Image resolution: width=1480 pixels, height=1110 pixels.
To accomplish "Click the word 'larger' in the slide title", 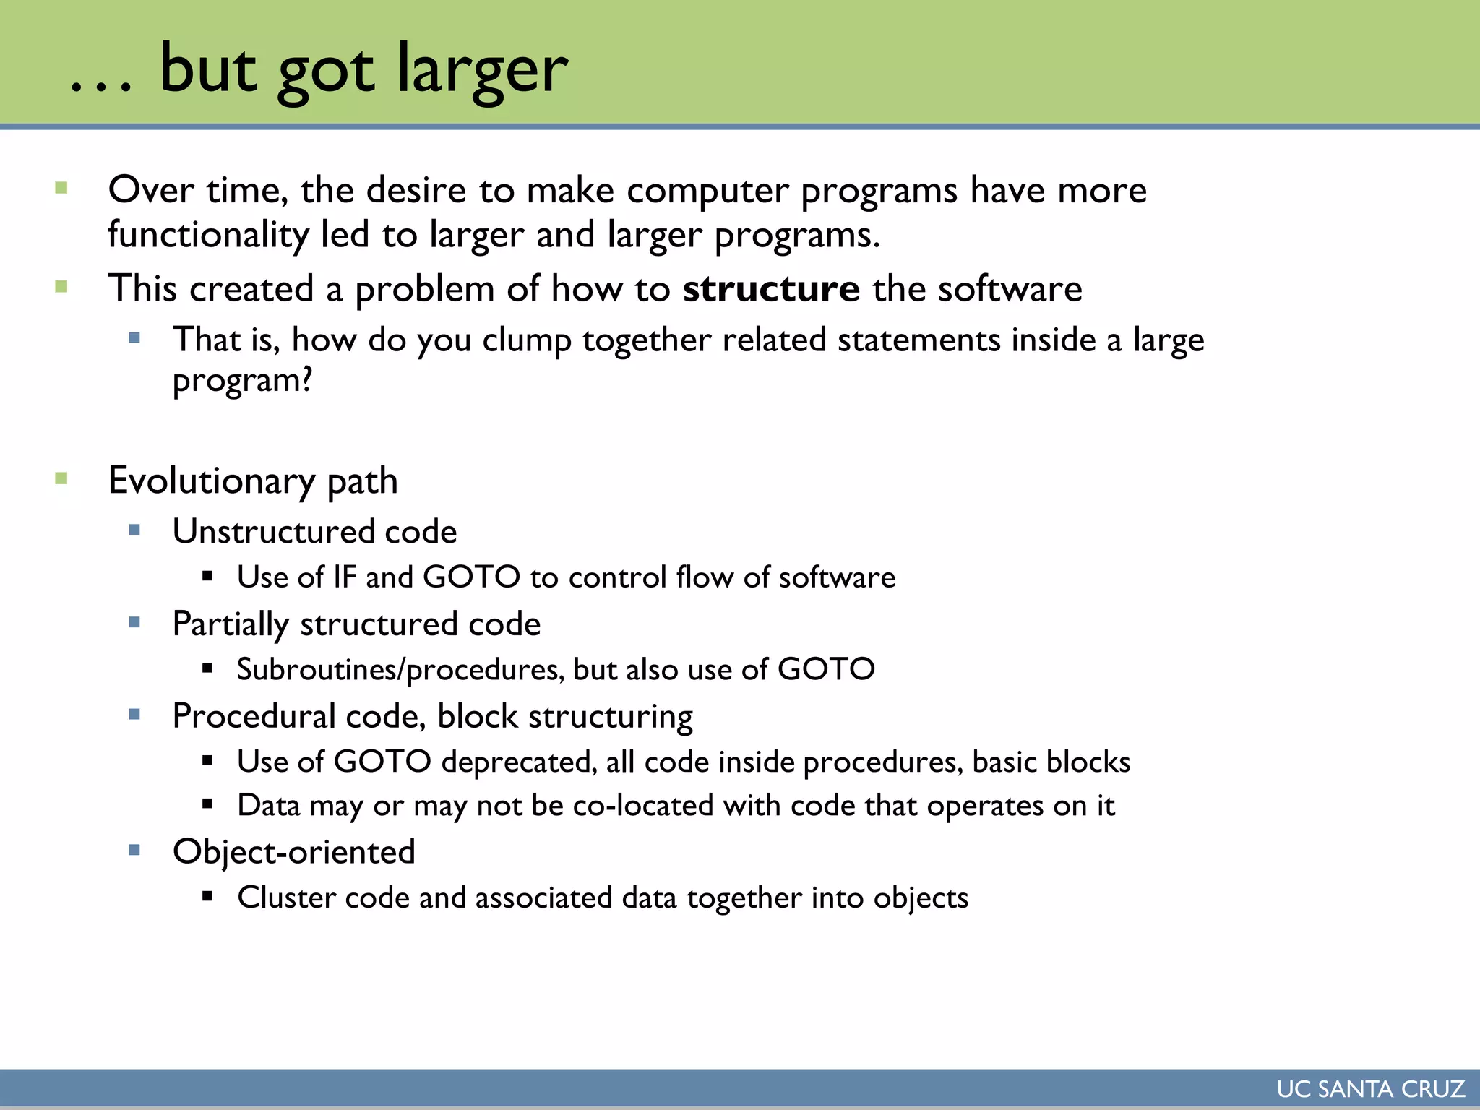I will (482, 70).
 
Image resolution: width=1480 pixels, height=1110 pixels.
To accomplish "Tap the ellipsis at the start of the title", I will (101, 87).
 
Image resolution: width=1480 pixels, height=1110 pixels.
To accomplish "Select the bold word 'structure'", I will (771, 289).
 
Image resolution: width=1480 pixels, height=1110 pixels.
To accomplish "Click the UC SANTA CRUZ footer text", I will (1370, 1089).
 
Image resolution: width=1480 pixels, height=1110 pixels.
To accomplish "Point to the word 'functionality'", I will (208, 236).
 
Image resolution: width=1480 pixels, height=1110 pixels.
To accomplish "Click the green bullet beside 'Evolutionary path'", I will (61, 478).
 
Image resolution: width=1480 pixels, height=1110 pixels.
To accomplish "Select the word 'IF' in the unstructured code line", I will (345, 577).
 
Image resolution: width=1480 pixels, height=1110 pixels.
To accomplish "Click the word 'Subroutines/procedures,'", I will (400, 670).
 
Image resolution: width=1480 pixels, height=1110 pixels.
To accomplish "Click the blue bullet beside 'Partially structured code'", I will (134, 622).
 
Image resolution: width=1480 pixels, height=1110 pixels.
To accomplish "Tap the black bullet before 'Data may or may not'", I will (208, 803).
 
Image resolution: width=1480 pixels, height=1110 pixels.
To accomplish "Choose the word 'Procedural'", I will (254, 717).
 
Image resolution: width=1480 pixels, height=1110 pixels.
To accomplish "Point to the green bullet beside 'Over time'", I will (61, 189).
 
